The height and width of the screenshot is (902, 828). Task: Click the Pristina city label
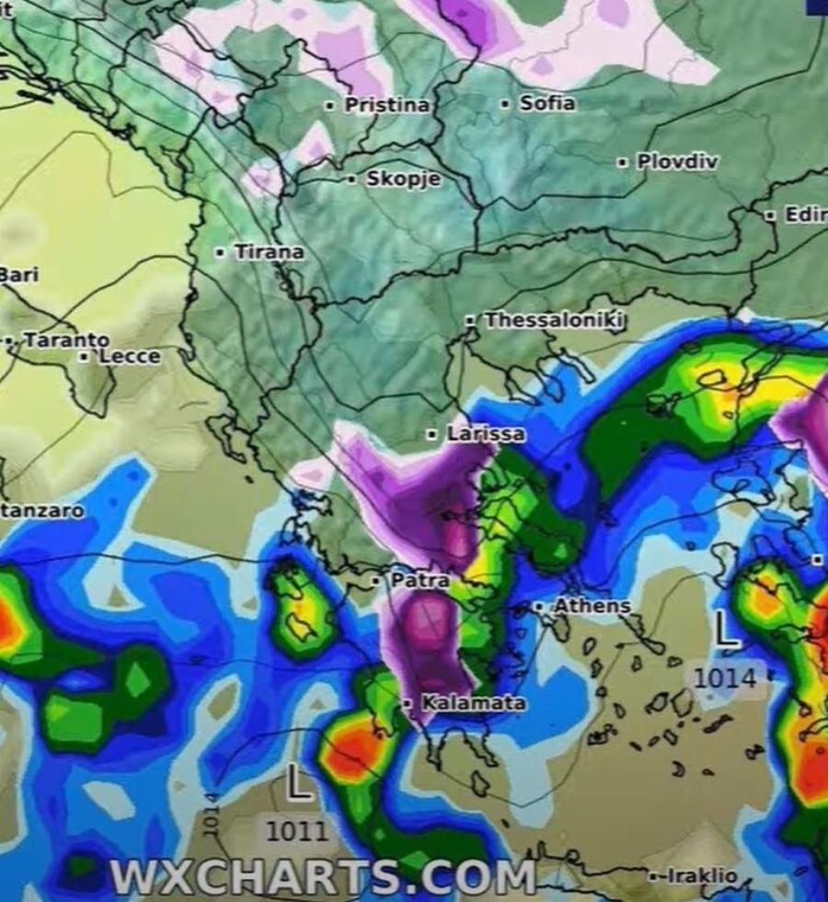[x=386, y=106]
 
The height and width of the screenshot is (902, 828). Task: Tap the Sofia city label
[x=547, y=103]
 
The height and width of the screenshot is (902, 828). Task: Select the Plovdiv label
[x=678, y=162]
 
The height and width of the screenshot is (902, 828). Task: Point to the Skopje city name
[x=403, y=179]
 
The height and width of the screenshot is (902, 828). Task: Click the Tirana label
[x=269, y=252]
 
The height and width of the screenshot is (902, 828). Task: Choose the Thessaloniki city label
[x=556, y=320]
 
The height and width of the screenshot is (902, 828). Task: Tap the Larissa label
[x=486, y=433]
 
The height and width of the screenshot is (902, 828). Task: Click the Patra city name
[x=420, y=581]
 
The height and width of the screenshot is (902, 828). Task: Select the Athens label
[x=592, y=607]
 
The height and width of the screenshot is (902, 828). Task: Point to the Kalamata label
[x=474, y=703]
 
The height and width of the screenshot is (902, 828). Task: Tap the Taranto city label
[x=66, y=341]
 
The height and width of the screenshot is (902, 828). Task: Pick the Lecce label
[x=129, y=356]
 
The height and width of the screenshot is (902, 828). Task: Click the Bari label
[x=18, y=275]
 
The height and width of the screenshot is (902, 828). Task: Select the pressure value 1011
[x=295, y=831]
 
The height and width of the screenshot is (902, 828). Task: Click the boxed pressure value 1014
[x=725, y=679]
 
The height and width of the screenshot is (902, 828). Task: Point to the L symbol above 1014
[x=727, y=631]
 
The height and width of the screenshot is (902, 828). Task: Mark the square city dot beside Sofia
[x=505, y=104]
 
